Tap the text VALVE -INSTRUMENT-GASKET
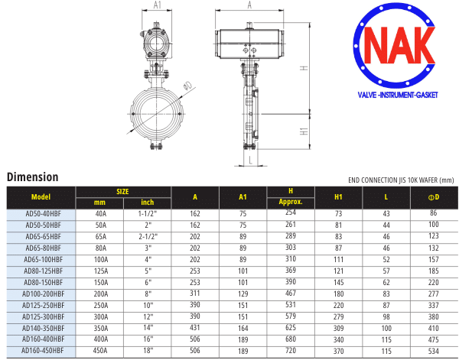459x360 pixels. [x=398, y=95]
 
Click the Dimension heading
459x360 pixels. [x=32, y=177]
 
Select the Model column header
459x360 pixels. [x=41, y=197]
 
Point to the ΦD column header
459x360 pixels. [x=434, y=197]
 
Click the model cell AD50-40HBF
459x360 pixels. [x=44, y=214]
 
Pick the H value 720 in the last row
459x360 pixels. [x=291, y=350]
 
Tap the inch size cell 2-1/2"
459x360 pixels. [x=148, y=237]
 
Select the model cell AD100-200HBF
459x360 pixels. [x=44, y=294]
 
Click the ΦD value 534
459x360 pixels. [x=434, y=351]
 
